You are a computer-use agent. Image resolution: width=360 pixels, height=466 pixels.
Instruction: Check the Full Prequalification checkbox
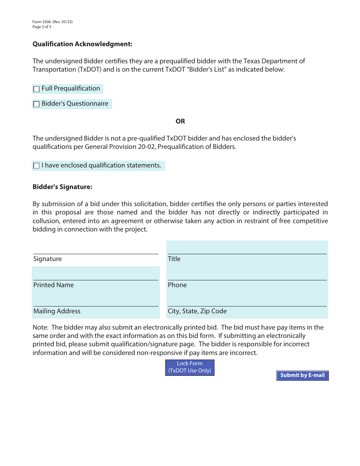(36, 89)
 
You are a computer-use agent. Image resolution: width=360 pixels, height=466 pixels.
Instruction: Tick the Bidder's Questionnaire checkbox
(36, 105)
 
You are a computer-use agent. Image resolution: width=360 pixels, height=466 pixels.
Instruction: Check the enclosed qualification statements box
(36, 166)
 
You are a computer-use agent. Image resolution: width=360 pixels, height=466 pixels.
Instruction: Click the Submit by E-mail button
(302, 375)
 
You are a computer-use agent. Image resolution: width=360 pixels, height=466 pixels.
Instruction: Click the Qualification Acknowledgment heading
(82, 44)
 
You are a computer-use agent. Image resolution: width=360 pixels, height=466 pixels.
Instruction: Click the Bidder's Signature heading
(63, 187)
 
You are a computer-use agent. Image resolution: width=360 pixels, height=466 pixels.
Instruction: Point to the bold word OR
(180, 122)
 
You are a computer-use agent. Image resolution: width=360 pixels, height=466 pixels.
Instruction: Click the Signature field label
(47, 259)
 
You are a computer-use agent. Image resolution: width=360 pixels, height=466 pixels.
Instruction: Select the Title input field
(247, 248)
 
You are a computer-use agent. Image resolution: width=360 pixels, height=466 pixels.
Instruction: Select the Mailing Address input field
(95, 300)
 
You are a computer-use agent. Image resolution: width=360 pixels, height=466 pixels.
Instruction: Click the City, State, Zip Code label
(197, 311)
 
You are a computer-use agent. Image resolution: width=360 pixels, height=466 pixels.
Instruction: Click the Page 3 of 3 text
(42, 27)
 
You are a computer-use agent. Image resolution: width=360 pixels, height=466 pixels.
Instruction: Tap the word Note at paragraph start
(40, 327)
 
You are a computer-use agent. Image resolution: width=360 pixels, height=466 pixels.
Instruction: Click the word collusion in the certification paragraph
(46, 221)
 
